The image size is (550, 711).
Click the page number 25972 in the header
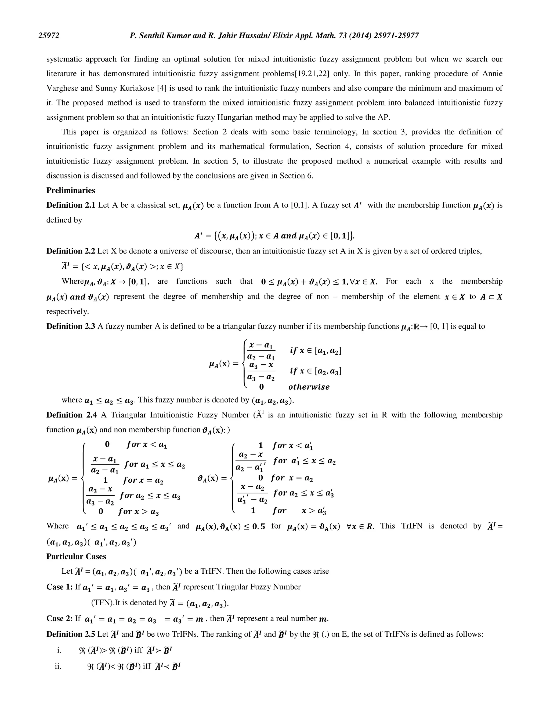pyautogui.click(x=49, y=35)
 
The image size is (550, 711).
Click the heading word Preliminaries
pyautogui.click(x=71, y=190)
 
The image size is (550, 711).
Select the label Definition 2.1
pyautogui.click(x=71, y=205)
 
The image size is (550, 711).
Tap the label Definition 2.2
pyautogui.click(x=71, y=251)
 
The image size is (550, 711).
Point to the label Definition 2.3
pyautogui.click(x=71, y=326)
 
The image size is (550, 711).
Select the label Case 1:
pyautogui.click(x=59, y=587)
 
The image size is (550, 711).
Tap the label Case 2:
pyautogui.click(x=59, y=618)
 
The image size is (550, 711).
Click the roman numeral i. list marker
pyautogui.click(x=59, y=650)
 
